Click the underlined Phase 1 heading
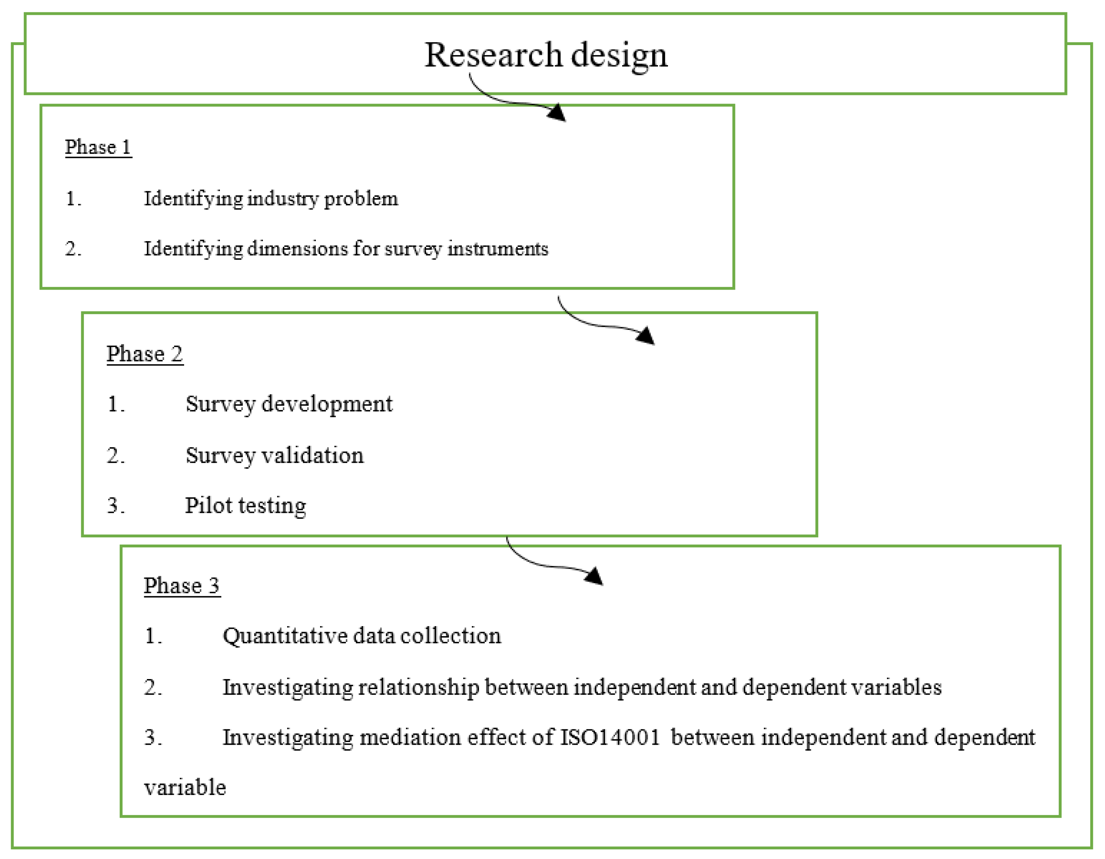98,147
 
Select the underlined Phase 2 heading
144,354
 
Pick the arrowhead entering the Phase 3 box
595,576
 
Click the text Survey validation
274,455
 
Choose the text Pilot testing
245,505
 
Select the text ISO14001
610,737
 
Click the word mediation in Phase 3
410,737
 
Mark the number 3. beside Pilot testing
115,505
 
